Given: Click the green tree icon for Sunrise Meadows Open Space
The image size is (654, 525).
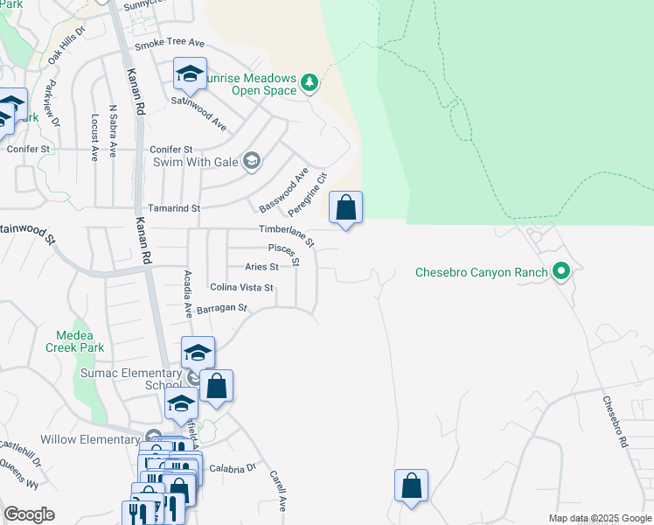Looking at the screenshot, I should click(309, 84).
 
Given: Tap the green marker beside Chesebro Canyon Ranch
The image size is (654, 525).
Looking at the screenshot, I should click(562, 272).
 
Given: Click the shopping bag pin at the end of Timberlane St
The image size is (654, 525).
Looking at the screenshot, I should click(346, 208).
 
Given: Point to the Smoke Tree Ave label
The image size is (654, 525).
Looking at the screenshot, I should click(169, 42).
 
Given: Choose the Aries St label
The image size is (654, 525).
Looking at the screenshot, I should click(261, 266).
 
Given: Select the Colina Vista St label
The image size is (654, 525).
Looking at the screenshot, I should click(242, 287).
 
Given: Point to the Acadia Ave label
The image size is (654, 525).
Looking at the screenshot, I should click(187, 294).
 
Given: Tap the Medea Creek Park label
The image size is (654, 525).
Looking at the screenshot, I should click(80, 341).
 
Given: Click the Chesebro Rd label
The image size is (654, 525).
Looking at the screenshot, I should click(616, 423).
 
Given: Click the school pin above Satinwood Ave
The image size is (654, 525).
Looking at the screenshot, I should click(189, 75).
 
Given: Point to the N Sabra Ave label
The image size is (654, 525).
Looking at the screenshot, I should click(112, 132).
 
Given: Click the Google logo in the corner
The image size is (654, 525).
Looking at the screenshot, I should click(29, 514).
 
